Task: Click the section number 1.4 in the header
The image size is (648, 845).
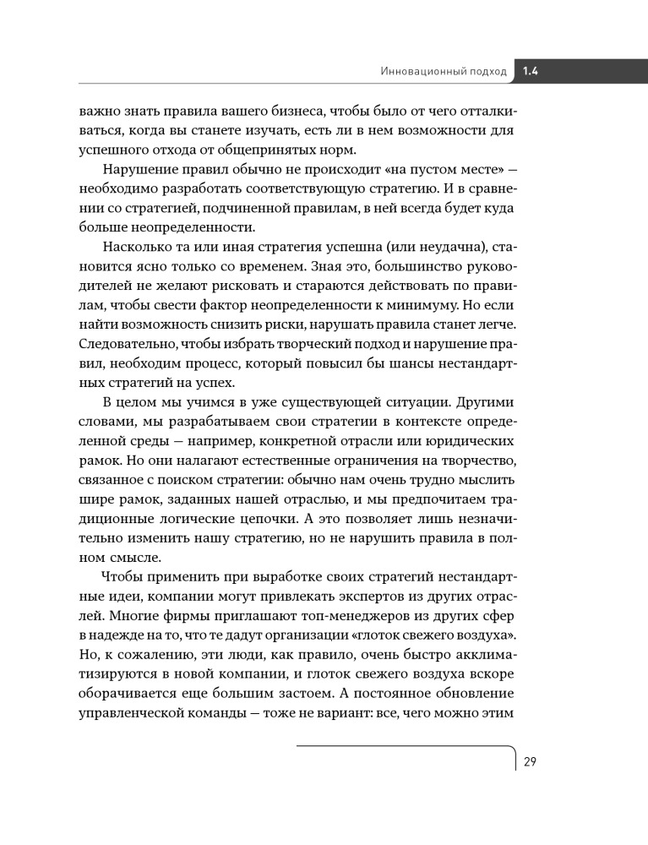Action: pos(531,72)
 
